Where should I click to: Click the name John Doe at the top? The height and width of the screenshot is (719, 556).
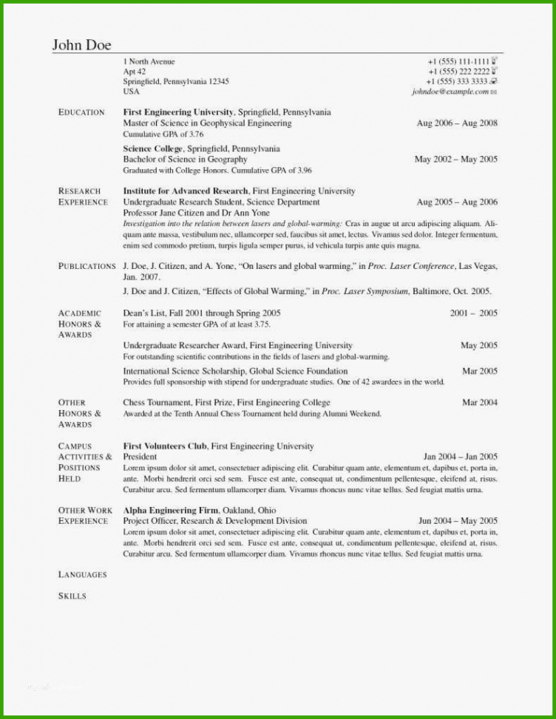click(x=81, y=45)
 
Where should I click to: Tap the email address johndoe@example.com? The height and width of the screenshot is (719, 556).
click(x=450, y=92)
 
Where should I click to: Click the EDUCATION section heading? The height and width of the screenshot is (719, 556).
click(x=81, y=112)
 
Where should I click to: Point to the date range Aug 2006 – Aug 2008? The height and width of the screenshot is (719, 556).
click(x=457, y=123)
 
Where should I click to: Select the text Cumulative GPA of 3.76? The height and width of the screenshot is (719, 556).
click(x=163, y=134)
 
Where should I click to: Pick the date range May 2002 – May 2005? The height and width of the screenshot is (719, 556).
click(x=455, y=159)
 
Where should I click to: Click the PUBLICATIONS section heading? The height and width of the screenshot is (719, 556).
click(x=87, y=266)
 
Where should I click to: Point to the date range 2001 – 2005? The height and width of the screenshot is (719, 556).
click(x=473, y=313)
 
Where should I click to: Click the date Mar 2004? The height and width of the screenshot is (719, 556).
click(x=479, y=403)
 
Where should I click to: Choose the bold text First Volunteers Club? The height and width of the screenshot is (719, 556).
click(x=165, y=446)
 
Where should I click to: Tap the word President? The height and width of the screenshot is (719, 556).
click(x=140, y=457)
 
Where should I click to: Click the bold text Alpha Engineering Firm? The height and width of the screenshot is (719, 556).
click(x=171, y=510)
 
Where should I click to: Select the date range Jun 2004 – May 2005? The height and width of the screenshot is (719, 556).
click(x=458, y=521)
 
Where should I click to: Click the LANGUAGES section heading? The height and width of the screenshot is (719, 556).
click(x=83, y=575)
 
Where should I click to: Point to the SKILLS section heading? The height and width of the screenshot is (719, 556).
click(x=72, y=596)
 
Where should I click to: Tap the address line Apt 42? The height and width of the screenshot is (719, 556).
click(x=135, y=72)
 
